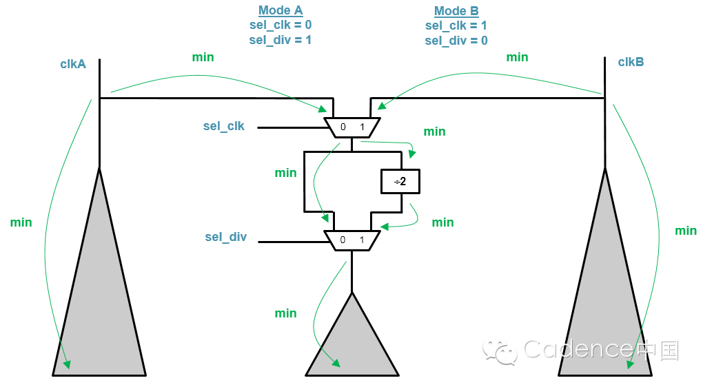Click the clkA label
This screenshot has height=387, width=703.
point(73,64)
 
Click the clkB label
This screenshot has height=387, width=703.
point(631,62)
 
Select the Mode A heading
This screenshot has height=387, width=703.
point(281,10)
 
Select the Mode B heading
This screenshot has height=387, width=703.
point(456,11)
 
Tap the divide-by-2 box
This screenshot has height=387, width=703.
point(400,182)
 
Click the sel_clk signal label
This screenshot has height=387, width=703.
point(224,127)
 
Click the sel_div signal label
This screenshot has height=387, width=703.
point(225,238)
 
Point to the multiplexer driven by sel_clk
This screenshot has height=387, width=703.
point(351,127)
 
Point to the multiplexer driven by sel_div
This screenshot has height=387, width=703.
point(351,240)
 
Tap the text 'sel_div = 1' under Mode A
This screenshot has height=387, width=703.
point(281,40)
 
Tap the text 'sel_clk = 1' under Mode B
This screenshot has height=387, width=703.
point(456,25)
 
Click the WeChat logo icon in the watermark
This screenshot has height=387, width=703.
point(500,351)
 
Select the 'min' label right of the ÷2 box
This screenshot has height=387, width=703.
point(442,222)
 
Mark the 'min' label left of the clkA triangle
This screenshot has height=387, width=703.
point(21,222)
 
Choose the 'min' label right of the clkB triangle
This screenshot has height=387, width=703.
point(685,231)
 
